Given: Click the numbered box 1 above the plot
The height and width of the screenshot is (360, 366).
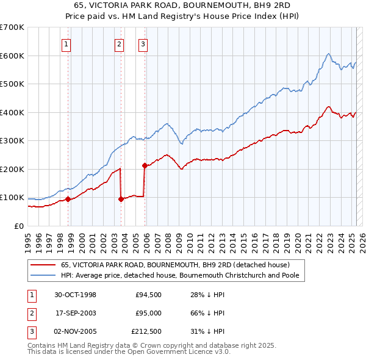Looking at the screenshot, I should [x=65, y=43].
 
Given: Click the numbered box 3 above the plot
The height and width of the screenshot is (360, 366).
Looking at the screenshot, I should [x=142, y=43].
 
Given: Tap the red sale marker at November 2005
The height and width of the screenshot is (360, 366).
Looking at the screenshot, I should [x=145, y=165].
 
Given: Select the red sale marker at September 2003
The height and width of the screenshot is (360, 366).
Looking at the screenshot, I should [x=121, y=198].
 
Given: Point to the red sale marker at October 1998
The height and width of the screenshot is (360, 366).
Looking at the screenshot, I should [x=68, y=199].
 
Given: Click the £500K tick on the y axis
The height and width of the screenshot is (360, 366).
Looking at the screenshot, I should [x=13, y=84].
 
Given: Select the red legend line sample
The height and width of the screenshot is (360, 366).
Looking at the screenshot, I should [x=43, y=265].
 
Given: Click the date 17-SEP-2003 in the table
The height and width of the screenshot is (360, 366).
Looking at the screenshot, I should [x=76, y=313].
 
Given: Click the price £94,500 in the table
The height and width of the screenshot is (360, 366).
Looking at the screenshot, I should [x=149, y=295].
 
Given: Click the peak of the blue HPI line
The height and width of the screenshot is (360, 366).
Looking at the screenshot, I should [x=328, y=54].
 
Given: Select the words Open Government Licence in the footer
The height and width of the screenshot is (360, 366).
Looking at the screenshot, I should [x=165, y=353].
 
